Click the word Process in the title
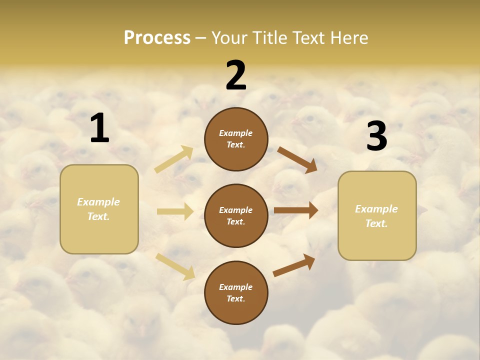(157, 37)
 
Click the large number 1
(99, 128)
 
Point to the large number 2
(236, 75)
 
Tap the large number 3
(376, 136)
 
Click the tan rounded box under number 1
(99, 209)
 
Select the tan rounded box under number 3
(377, 216)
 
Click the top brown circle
(236, 139)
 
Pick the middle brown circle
(236, 215)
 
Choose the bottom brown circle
(236, 292)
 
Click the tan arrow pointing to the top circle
(174, 159)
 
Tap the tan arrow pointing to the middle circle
(175, 211)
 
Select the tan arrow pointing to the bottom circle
(175, 266)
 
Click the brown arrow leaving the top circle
(297, 159)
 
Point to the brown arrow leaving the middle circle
(295, 210)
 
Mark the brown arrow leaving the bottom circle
(294, 265)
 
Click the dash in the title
(201, 37)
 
